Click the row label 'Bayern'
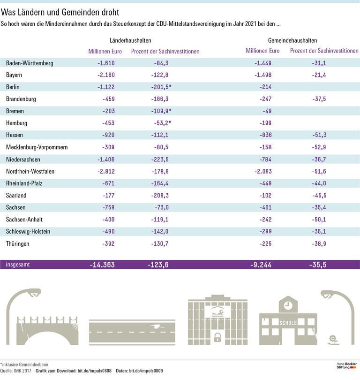15,75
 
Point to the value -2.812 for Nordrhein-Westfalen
104,172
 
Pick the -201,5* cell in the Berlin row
157,87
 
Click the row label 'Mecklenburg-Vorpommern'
37,147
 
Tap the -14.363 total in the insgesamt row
102,265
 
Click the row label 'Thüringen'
18,244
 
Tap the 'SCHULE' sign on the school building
288,323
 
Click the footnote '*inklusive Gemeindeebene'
24,364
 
